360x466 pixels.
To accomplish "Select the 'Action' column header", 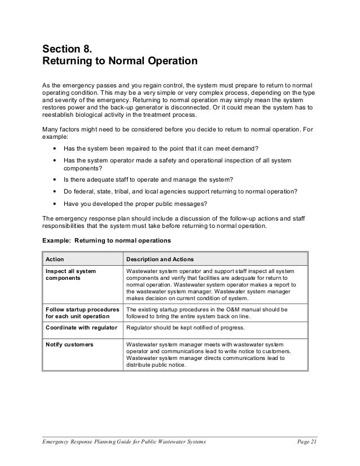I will [x=55, y=260].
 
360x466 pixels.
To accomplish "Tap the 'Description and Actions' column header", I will [x=160, y=260].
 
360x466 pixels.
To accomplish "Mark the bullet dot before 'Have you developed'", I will [x=54, y=205].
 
